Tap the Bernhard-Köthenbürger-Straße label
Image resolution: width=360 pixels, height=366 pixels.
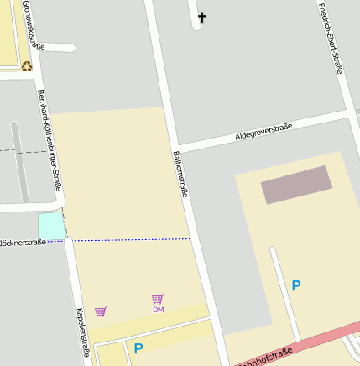(x=50, y=138)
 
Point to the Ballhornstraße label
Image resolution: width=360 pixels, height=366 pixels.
(x=180, y=174)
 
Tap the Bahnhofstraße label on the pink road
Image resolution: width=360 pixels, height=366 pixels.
(x=264, y=356)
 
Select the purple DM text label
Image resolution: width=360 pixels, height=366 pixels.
(x=158, y=310)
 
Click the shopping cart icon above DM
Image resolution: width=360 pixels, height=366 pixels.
(x=157, y=298)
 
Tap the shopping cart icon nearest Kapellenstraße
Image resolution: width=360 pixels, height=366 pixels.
(x=101, y=311)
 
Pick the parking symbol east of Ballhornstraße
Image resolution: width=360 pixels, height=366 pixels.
(x=295, y=285)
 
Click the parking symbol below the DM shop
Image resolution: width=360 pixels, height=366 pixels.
(x=138, y=348)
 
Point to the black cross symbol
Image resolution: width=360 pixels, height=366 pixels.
(x=201, y=17)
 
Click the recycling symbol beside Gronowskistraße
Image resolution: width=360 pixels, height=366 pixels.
(x=27, y=65)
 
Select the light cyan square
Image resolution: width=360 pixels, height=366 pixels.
(x=50, y=225)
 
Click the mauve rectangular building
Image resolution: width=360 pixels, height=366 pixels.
(x=296, y=185)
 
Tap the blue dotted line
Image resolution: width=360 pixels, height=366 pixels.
(x=130, y=240)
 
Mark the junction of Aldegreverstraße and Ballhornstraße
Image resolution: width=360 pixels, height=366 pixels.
(x=178, y=148)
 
